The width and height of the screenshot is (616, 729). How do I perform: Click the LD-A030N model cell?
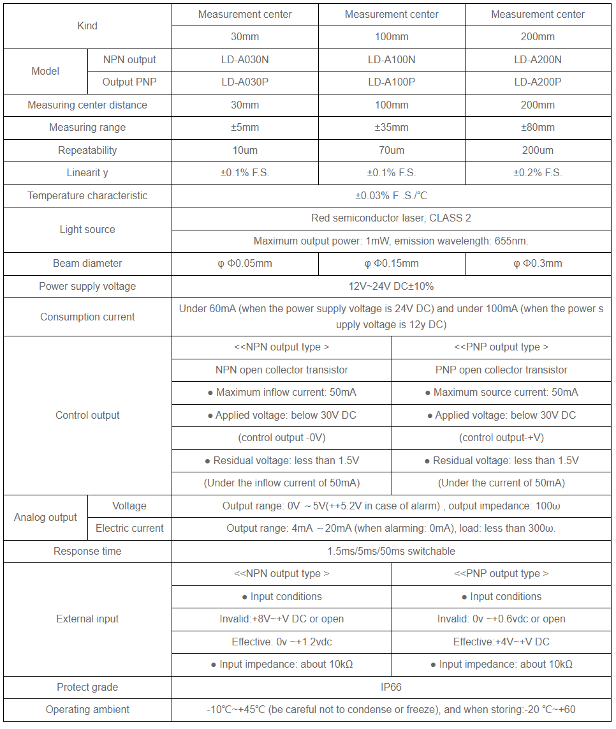pos(245,60)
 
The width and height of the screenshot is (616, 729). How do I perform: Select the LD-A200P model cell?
pos(538,82)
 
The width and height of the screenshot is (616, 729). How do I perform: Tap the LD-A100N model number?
pos(392,60)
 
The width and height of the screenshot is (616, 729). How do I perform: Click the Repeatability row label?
pos(87,151)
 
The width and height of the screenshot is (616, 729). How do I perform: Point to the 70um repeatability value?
pos(392,151)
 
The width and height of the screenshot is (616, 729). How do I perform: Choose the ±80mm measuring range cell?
pos(538,128)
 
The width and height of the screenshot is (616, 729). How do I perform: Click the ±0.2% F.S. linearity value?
pos(538,173)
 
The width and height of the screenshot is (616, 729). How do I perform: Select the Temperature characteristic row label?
pos(87,196)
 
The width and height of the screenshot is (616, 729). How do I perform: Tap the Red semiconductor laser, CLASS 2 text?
pos(391,218)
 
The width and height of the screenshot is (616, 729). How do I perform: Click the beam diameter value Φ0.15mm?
pos(392,264)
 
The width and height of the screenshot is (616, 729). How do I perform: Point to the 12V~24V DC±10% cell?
pos(391,287)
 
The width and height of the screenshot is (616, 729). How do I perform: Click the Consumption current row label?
pos(87,317)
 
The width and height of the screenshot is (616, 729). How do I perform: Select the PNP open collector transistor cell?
pos(501,370)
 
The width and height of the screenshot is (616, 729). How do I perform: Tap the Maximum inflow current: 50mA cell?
pos(281,393)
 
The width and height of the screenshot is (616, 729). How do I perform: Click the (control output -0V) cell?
pos(281,438)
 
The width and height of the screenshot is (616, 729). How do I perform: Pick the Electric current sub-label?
pos(129,529)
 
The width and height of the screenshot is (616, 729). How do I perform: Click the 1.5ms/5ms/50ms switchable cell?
pos(391,552)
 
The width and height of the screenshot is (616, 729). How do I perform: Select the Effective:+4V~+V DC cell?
pos(501,642)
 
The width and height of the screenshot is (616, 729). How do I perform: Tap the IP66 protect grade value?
pos(391,688)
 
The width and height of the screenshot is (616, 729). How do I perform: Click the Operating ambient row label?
pos(87,710)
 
